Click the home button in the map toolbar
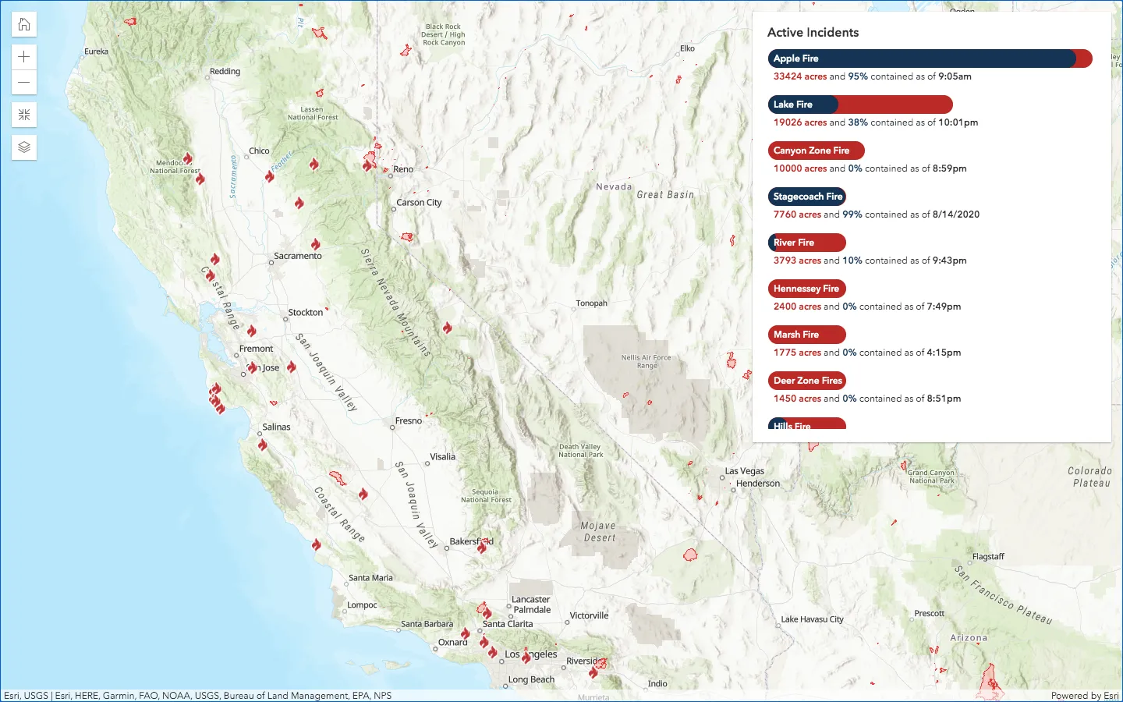pyautogui.click(x=24, y=24)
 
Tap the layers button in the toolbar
pyautogui.click(x=24, y=147)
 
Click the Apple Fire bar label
pyautogui.click(x=795, y=58)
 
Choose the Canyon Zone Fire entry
pyautogui.click(x=811, y=151)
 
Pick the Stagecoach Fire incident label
pyautogui.click(x=807, y=197)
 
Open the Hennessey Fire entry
pyautogui.click(x=806, y=289)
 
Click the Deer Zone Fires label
pyautogui.click(x=807, y=381)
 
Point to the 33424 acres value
pyautogui.click(x=799, y=76)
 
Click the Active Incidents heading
pyautogui.click(x=813, y=32)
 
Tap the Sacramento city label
pyautogui.click(x=297, y=256)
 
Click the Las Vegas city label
pyautogui.click(x=744, y=471)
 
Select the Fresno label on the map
pyautogui.click(x=408, y=421)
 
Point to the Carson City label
pyautogui.click(x=419, y=203)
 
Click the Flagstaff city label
pyautogui.click(x=988, y=557)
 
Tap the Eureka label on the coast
pyautogui.click(x=96, y=51)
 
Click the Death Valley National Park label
pyautogui.click(x=580, y=451)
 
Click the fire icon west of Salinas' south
pyautogui.click(x=263, y=445)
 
